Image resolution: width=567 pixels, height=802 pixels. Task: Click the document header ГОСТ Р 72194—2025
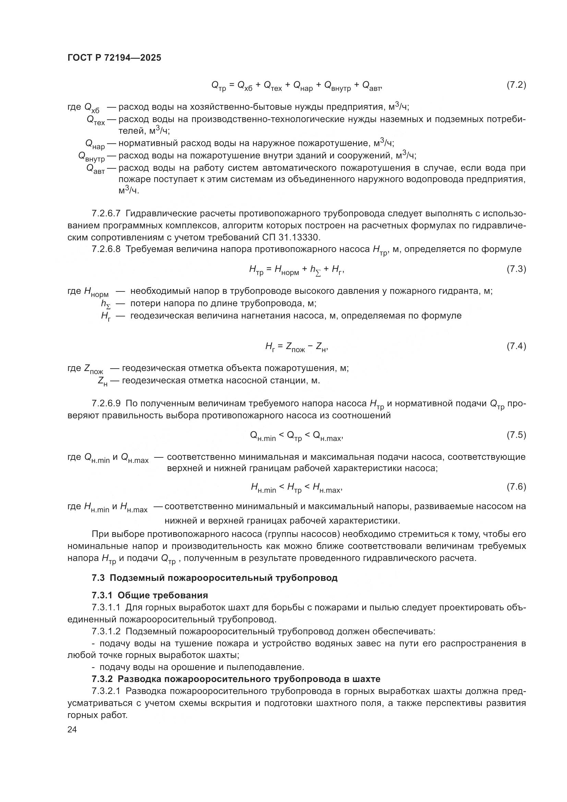114,58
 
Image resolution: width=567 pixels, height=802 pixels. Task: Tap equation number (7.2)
516,85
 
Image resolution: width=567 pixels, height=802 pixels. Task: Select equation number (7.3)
516,269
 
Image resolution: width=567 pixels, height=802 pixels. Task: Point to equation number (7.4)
516,346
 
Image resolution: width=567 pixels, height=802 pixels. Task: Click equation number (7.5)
516,435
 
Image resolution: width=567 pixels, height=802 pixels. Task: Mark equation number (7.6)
516,487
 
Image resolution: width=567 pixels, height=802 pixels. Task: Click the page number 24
72,729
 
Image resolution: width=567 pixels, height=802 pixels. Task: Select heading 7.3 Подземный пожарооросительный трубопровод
214,578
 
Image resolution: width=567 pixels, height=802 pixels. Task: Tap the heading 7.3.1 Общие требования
150,595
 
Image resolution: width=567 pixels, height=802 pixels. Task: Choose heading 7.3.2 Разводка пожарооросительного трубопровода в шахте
236,679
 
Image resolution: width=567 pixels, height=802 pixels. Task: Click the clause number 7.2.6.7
106,213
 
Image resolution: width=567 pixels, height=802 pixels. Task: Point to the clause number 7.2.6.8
106,249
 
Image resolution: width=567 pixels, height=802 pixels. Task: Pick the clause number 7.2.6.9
106,404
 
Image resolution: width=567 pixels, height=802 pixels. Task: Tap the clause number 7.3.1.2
106,632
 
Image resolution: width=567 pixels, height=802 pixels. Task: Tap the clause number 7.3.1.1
106,608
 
